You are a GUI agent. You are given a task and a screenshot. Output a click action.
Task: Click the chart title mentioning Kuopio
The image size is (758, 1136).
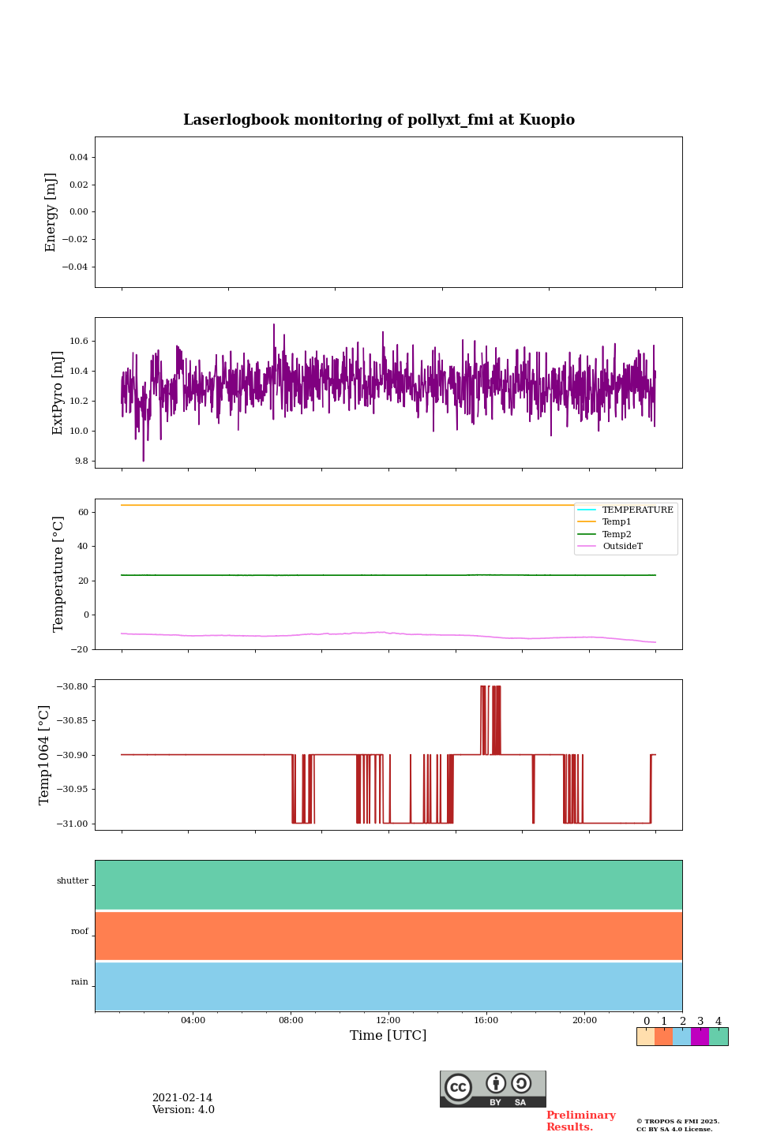point(379,120)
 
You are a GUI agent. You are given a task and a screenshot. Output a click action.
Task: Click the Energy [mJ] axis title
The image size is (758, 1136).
point(51,212)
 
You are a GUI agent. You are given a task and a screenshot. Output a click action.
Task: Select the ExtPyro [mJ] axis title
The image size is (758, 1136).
point(58,393)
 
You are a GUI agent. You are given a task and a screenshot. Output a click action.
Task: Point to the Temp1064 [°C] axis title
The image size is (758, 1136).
point(44,755)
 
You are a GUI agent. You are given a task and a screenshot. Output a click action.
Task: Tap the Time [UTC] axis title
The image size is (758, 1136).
point(388,1035)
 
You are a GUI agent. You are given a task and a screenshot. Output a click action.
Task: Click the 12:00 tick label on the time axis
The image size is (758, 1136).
point(388,1020)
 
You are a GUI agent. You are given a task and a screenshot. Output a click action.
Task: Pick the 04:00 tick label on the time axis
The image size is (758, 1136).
point(193,1020)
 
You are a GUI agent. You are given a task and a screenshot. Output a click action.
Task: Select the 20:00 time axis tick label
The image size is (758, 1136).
point(584,1020)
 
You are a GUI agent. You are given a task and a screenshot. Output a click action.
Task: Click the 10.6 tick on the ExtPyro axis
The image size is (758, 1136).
point(79,342)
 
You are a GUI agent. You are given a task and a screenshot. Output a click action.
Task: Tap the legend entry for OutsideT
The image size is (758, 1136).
point(622,546)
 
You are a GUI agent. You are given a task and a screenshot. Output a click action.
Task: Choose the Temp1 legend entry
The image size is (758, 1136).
point(617,521)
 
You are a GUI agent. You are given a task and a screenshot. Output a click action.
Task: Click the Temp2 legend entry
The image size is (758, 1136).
point(617,534)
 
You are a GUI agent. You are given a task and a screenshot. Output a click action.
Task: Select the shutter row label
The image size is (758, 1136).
point(73,880)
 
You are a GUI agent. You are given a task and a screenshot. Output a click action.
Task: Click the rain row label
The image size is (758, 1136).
point(80,982)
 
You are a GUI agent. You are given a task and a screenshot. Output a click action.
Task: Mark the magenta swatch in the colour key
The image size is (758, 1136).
point(700,1037)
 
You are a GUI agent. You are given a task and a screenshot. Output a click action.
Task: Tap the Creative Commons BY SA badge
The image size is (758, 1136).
point(493,1089)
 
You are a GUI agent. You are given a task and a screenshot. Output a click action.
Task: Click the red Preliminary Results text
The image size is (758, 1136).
point(580,1121)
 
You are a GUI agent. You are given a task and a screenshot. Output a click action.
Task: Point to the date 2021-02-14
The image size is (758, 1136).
point(182,1098)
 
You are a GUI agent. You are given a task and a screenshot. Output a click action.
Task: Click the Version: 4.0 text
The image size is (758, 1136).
point(183,1110)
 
